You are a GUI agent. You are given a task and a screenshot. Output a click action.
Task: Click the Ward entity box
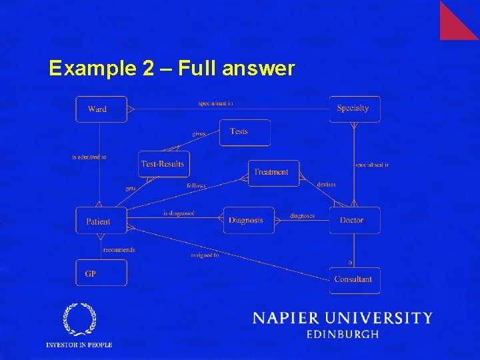(101, 109)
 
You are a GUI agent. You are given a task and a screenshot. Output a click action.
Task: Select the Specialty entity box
(354, 109)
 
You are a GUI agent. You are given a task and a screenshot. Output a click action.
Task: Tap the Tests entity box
(245, 132)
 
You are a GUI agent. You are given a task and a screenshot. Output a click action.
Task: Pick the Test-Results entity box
(162, 163)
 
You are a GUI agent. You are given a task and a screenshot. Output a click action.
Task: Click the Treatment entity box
(273, 173)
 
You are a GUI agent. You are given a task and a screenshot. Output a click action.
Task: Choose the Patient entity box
(101, 221)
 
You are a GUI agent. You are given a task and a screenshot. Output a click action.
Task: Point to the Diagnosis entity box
(248, 220)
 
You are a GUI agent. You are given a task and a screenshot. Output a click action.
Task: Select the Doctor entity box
(354, 220)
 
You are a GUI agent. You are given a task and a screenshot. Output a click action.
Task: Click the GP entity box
(101, 273)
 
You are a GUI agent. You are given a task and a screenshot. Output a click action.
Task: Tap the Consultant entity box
(354, 279)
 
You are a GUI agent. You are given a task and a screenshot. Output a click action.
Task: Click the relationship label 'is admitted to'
(89, 157)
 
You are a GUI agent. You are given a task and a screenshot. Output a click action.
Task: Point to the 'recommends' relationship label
(119, 250)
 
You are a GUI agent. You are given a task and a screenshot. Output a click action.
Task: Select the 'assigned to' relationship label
(205, 255)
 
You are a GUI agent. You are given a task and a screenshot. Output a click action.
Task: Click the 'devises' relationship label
(327, 184)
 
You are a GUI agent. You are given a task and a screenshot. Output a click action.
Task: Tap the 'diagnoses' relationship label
(303, 215)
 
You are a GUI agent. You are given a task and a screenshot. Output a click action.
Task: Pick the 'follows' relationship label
(196, 185)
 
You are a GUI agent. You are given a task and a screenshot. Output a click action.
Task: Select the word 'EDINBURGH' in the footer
(343, 335)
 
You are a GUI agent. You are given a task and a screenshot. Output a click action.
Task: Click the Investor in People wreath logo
(79, 320)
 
